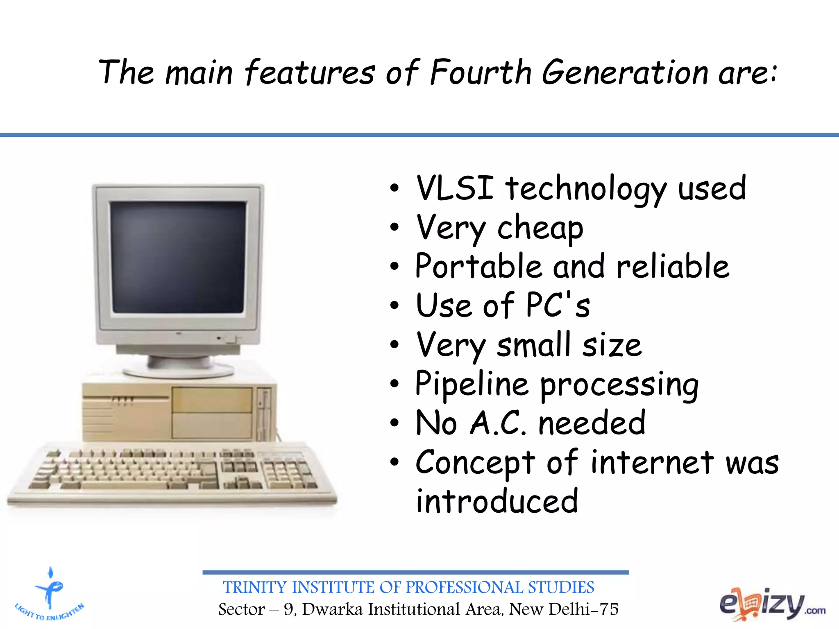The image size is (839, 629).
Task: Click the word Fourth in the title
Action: tap(480, 72)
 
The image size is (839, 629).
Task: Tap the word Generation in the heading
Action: tap(625, 72)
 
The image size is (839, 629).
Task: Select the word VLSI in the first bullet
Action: tap(455, 188)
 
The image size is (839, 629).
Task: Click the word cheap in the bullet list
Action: tap(540, 229)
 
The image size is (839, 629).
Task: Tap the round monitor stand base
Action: tap(179, 371)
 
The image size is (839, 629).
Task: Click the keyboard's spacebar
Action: tap(125, 486)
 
